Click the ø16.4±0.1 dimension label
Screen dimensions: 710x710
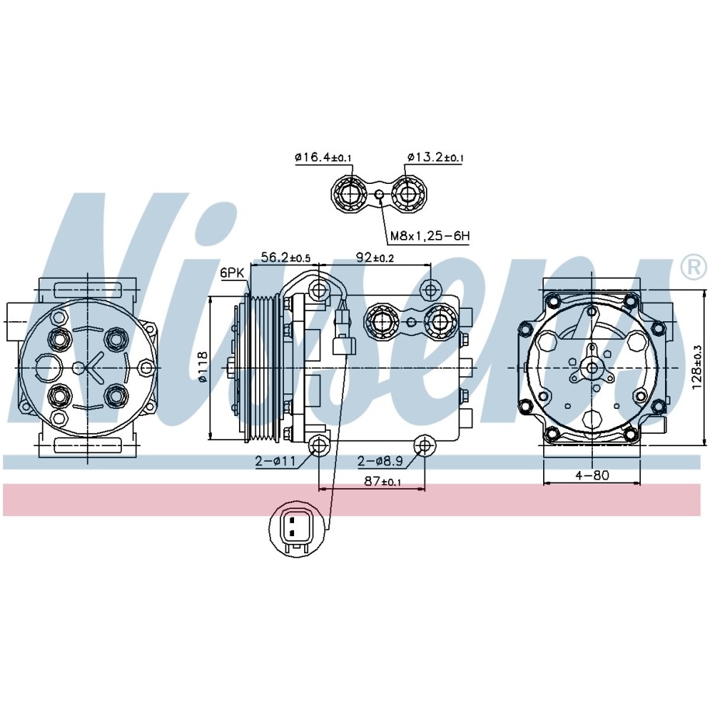tap(323, 158)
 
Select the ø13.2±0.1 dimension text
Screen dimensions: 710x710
tap(435, 158)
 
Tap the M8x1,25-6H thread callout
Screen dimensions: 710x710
tap(430, 235)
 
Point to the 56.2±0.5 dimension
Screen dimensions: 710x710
tap(286, 257)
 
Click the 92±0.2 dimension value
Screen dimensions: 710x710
tap(375, 257)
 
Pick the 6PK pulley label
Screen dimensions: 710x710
tap(232, 273)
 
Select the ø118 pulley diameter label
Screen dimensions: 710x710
tap(203, 367)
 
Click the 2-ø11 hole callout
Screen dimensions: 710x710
tap(275, 461)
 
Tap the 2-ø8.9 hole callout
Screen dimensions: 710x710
tap(380, 461)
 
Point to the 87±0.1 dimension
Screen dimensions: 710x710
tap(383, 481)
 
